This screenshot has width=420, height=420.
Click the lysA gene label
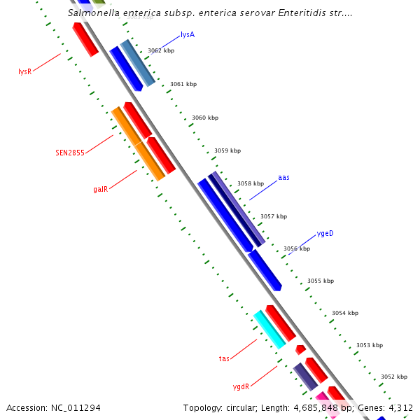pos(188,34)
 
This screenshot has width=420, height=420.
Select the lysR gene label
pos(25,71)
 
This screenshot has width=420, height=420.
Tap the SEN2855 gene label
pos(70,152)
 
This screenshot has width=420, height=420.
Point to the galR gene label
pos(100,189)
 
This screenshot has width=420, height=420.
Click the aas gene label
pos(283,178)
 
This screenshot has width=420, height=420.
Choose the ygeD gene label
pos(325,233)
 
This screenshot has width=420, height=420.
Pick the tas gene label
pos(224,358)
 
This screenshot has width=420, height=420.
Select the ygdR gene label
pos(241,386)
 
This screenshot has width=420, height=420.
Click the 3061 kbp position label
pos(183,84)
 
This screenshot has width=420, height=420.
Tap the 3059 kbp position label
pos(227,150)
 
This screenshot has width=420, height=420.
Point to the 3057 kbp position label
pos(274,216)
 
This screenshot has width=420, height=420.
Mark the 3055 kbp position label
pos(321,281)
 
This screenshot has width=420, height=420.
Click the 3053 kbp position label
pos(370,345)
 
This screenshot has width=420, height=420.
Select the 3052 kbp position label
pos(394,377)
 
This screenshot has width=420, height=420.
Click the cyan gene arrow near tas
pos(269,329)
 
